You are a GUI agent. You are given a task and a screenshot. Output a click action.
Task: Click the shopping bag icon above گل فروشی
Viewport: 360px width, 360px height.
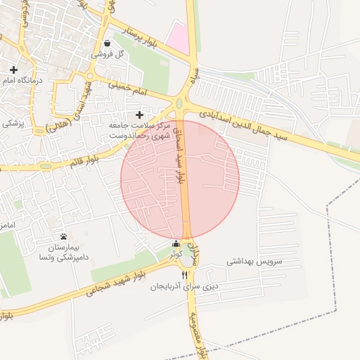click(x=107, y=43)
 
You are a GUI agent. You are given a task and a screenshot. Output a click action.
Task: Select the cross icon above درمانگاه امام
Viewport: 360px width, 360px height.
click(x=14, y=70)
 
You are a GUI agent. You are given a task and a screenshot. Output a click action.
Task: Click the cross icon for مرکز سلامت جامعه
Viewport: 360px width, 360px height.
click(x=139, y=115)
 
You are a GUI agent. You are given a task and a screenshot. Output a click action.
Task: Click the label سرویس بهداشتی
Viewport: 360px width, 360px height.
click(x=254, y=260)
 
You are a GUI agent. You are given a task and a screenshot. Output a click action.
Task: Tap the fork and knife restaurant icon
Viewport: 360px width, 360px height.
click(x=185, y=275)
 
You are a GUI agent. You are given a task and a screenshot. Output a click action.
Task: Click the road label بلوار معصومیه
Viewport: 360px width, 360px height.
click(x=202, y=334)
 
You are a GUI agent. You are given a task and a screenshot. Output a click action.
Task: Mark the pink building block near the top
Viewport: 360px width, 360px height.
click(x=178, y=37)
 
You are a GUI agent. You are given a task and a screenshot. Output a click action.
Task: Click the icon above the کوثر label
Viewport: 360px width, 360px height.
click(x=176, y=244)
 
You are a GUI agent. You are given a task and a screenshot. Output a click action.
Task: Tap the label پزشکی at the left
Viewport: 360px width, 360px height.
click(x=11, y=124)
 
